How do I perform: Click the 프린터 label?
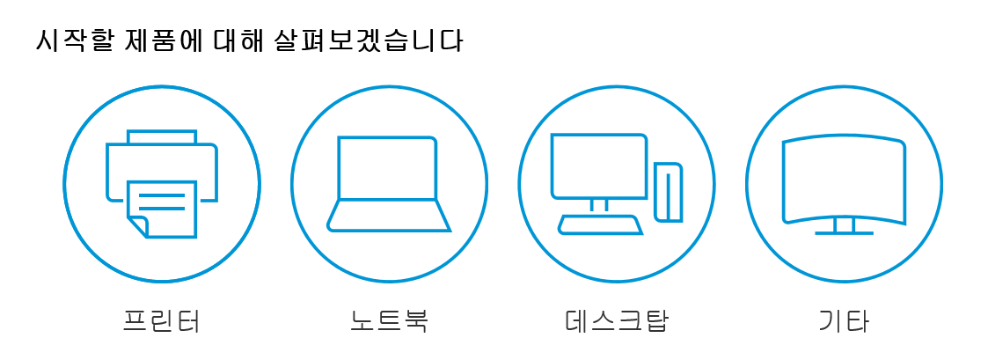pos(162,320)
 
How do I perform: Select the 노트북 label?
pos(389,320)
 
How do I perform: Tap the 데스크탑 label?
pos(616,320)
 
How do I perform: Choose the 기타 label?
pos(843,320)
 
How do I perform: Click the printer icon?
pos(162,184)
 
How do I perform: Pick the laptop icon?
pos(389,184)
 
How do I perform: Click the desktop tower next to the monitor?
pos(669,192)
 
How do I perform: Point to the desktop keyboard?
pos(601,224)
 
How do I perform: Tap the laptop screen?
pos(387,168)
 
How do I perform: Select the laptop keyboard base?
pos(389,217)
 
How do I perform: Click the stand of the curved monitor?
pos(844,225)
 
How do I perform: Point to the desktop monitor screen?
pos(599,165)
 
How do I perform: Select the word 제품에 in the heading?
pos(159,41)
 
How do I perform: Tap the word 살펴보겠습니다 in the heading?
pos(369,41)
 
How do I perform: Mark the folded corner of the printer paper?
pos(138,226)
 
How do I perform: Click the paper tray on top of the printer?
pos(162,137)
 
